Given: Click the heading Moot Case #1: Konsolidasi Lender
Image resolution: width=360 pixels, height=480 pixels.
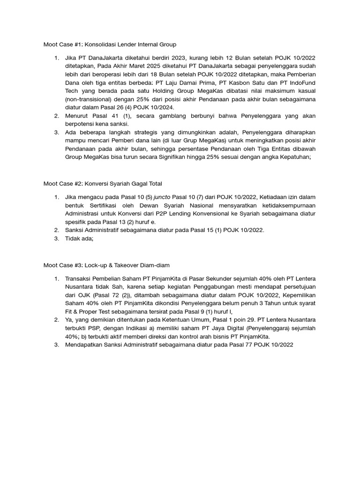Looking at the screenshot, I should coord(110,45).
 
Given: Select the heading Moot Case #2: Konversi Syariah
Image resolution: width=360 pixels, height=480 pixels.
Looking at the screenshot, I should coord(103,183).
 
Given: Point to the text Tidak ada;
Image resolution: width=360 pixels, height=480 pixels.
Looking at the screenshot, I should coord(80,239).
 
